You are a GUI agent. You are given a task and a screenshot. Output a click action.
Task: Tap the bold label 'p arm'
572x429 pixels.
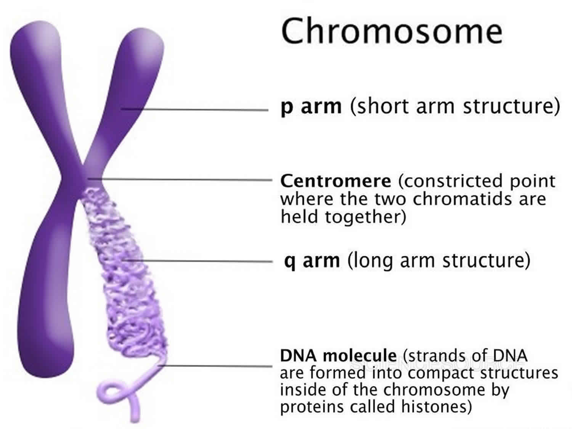(x=311, y=106)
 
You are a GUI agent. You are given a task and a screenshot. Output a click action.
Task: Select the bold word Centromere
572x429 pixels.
(x=336, y=181)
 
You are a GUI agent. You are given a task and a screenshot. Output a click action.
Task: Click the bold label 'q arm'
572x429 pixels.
(x=312, y=260)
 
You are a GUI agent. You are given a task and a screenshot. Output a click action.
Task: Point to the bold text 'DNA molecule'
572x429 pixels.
(x=339, y=355)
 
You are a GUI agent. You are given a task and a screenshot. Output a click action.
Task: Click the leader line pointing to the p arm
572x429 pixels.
(x=195, y=109)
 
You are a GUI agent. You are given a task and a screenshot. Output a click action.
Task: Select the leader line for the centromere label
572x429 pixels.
(x=180, y=180)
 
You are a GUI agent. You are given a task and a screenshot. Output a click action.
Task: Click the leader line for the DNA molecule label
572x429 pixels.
(x=215, y=366)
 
